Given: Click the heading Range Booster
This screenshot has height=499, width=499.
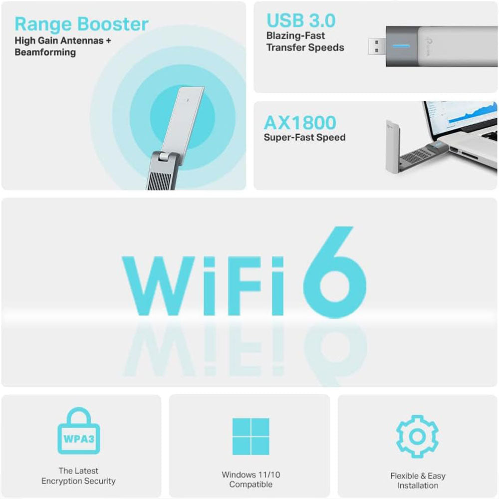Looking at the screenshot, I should tap(81, 24).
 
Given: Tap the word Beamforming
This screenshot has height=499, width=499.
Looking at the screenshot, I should tap(45, 52).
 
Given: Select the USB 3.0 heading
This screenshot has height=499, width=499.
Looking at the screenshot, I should tap(301, 20).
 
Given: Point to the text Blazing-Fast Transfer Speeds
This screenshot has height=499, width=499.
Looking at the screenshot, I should tap(305, 42).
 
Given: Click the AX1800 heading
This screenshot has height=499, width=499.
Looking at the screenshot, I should tap(300, 123).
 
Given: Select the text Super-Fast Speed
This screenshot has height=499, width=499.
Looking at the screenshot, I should tap(304, 137).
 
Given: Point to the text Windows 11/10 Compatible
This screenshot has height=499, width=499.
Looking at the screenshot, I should tap(250, 480).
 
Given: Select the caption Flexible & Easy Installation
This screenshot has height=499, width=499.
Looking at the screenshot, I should tap(418, 481).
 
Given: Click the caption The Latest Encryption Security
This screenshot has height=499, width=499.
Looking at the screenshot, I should tap(78, 476).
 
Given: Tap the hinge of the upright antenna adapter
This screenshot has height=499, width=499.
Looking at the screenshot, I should tap(162, 159).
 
